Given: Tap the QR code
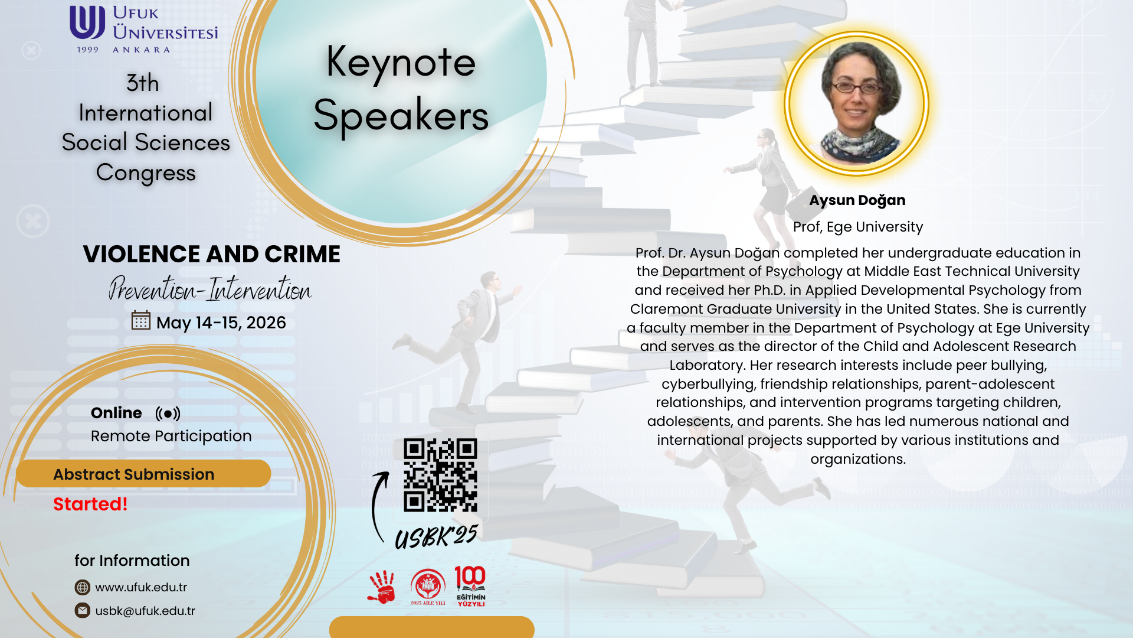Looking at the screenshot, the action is (x=440, y=475).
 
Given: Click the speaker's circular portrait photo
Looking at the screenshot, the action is (x=857, y=103).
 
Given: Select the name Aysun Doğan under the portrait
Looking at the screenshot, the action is (x=857, y=200).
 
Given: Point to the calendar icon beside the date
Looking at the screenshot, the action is (x=141, y=320).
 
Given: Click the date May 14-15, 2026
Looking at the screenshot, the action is (x=221, y=323).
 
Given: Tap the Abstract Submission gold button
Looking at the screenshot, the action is (x=143, y=474).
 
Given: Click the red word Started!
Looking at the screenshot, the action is (x=90, y=504).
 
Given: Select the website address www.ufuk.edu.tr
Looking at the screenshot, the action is (x=141, y=587).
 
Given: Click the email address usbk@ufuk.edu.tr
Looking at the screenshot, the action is (x=145, y=611).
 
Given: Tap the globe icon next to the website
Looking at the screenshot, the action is (x=83, y=587).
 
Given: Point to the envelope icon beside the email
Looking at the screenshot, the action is (x=83, y=610).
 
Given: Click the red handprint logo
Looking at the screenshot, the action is (x=381, y=587).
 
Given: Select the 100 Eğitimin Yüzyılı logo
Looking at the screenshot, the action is (x=470, y=586).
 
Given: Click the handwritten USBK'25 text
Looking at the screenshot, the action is (x=436, y=536).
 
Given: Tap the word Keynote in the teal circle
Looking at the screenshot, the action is (x=401, y=63).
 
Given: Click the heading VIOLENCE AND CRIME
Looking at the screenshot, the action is (x=211, y=254).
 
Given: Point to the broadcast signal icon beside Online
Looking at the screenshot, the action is (x=168, y=414).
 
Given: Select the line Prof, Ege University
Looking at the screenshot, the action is (x=858, y=227).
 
